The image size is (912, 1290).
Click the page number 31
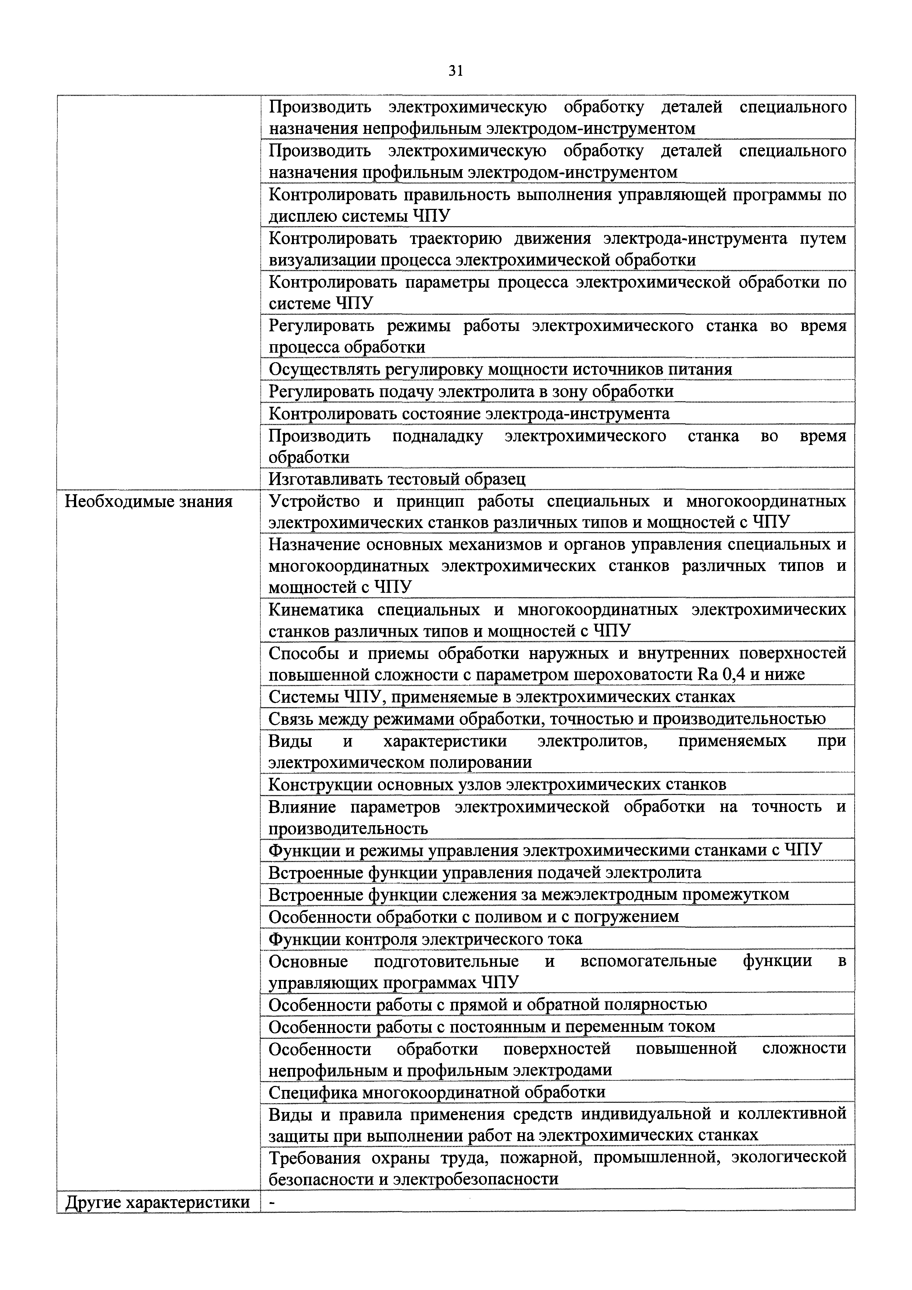point(456,71)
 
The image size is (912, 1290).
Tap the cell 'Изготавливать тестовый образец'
point(397,479)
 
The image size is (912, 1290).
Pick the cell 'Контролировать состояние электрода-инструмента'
point(469,414)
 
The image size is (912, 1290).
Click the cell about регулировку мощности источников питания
point(500,369)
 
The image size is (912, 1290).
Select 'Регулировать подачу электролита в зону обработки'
point(471,391)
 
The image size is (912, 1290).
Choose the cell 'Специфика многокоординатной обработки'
point(437,1092)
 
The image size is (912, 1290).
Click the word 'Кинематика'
point(316,610)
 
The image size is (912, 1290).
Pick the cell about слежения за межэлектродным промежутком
point(529,894)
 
